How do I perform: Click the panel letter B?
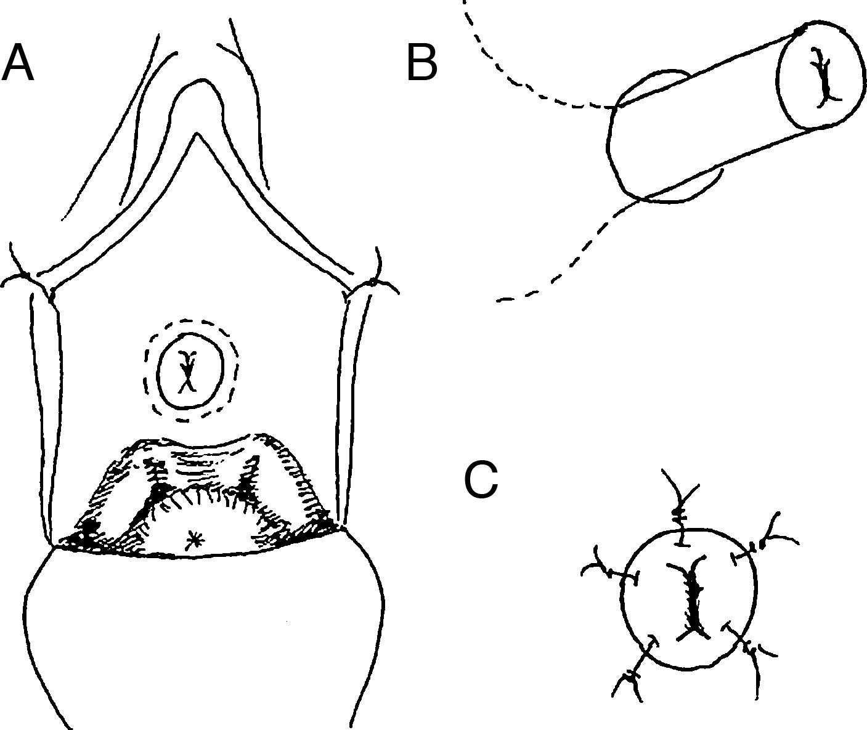(x=422, y=63)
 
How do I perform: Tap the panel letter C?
(x=481, y=480)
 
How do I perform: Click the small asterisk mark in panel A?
(x=195, y=540)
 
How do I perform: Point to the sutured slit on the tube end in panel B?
(x=822, y=77)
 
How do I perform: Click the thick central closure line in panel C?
(x=693, y=598)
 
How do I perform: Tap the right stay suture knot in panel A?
(x=372, y=282)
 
